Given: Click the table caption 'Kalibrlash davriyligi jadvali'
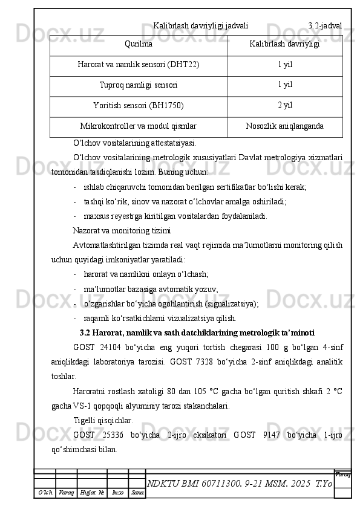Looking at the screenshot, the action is [x=200, y=26].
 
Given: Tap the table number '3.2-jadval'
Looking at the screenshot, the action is [x=325, y=26].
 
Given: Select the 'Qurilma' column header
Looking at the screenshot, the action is [x=139, y=45].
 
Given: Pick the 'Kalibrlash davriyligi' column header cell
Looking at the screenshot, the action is [x=284, y=45].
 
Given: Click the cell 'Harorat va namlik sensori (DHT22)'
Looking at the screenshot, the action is [x=139, y=65].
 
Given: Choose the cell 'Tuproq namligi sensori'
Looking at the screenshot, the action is [x=139, y=85].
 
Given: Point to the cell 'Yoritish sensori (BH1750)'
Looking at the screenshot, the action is [x=139, y=106].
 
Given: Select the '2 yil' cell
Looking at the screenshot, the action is [x=284, y=105].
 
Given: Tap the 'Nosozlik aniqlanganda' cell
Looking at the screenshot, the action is [x=284, y=126].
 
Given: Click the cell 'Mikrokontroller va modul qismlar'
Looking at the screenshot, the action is [x=139, y=126].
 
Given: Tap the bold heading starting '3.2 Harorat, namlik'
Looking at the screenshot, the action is [x=197, y=332].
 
